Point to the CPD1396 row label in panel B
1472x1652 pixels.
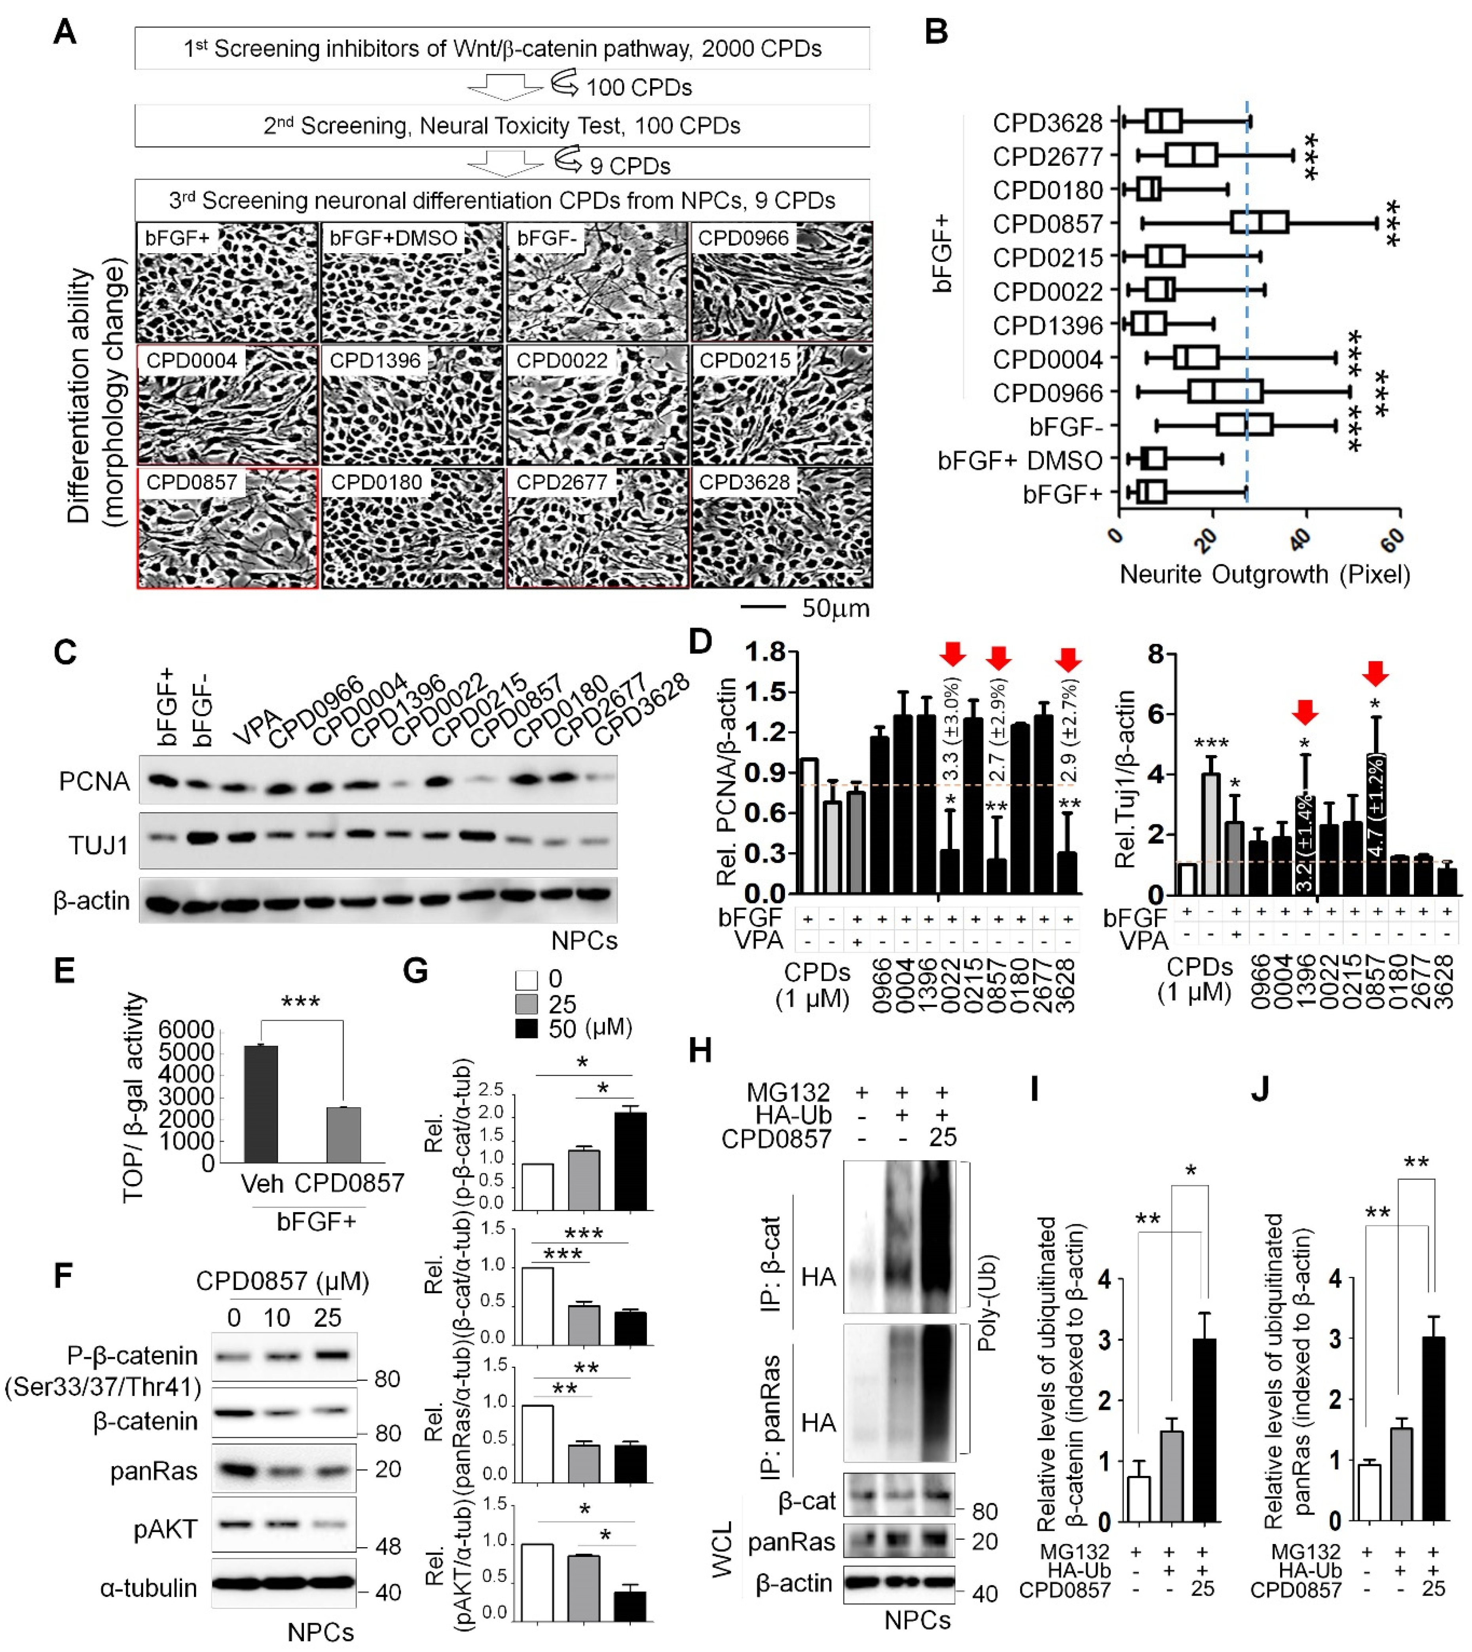click(x=1047, y=325)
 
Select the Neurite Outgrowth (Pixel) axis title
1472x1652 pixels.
click(x=1264, y=575)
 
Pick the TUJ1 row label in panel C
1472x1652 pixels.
click(x=99, y=846)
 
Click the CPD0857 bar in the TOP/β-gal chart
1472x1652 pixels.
click(x=344, y=1135)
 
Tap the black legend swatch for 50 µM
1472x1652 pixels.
click(x=527, y=1029)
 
